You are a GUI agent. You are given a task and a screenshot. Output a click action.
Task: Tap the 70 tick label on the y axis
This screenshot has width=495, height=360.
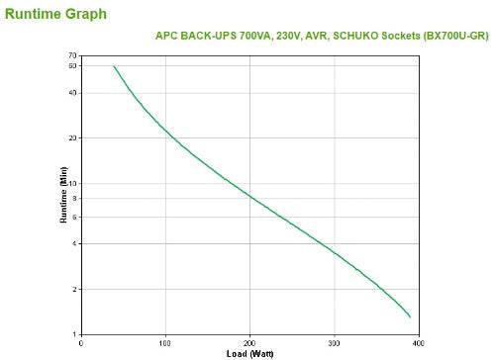tap(72, 56)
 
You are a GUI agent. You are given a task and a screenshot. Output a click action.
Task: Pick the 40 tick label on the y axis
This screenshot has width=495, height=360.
tap(72, 93)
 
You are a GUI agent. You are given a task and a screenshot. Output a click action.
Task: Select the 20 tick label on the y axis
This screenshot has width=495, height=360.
tap(72, 138)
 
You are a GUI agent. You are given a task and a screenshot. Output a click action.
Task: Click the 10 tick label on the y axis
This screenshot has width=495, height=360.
tap(72, 184)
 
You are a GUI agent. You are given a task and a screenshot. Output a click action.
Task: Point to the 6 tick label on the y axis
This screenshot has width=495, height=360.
tap(74, 217)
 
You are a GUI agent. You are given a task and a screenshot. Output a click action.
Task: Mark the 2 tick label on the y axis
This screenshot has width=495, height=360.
tap(74, 289)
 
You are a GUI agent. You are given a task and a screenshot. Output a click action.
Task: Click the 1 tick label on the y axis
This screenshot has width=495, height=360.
tap(74, 334)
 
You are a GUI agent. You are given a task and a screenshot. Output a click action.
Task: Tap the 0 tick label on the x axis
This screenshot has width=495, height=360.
tap(80, 342)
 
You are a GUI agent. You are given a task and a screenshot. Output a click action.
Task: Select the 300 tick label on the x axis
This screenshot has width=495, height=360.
tap(335, 342)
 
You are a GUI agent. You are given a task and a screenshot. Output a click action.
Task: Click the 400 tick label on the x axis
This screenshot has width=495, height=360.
tap(419, 342)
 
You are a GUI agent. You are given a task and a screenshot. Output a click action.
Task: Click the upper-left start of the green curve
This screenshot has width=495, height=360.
tap(114, 66)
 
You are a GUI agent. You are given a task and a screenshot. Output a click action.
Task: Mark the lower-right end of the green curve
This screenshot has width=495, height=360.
tap(410, 316)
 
